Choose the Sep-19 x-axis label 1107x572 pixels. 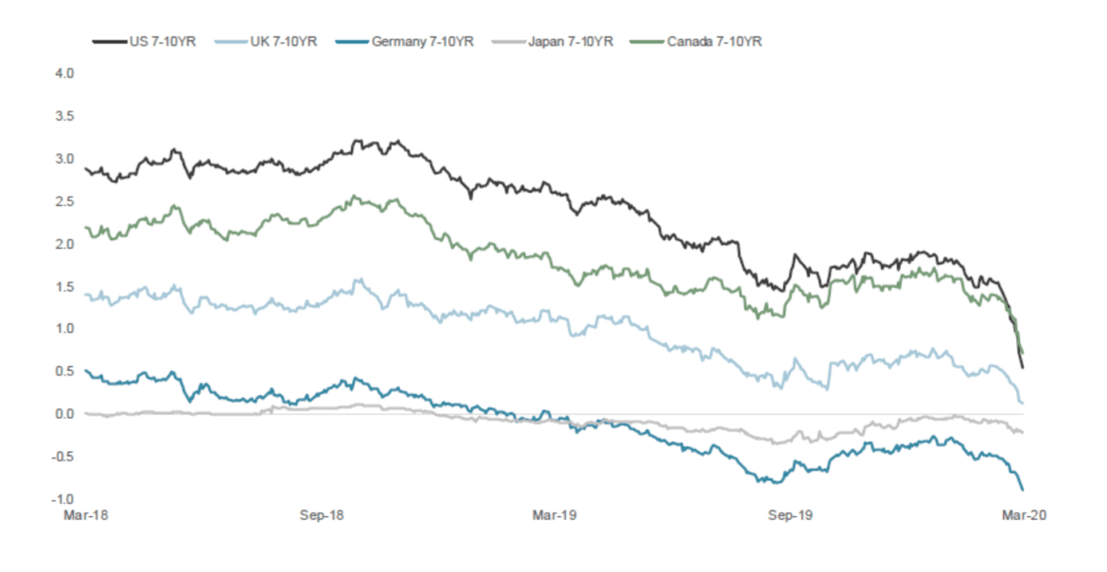tap(790, 515)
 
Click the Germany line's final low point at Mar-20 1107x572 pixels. tap(1023, 489)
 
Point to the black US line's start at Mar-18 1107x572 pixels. tap(86, 169)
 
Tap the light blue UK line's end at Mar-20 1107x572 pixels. tap(1023, 404)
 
